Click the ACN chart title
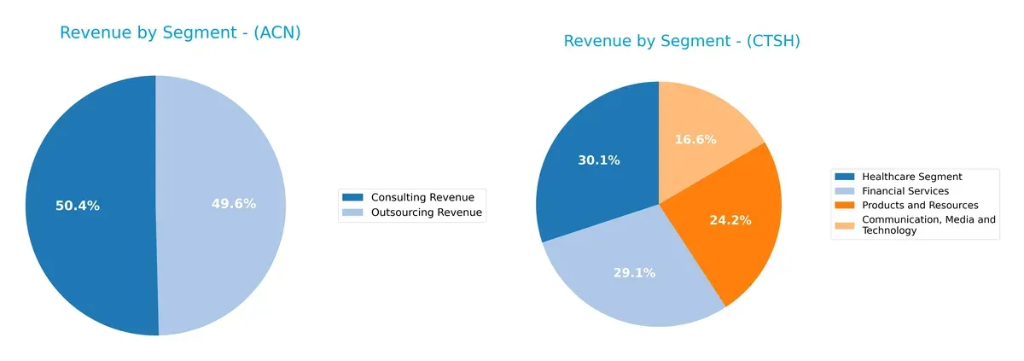180,33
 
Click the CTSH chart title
682,41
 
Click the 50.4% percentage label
78,206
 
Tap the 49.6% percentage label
234,204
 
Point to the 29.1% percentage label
634,273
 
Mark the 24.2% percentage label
730,220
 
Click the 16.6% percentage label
696,139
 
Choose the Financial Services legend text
905,191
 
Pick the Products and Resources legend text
920,206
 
